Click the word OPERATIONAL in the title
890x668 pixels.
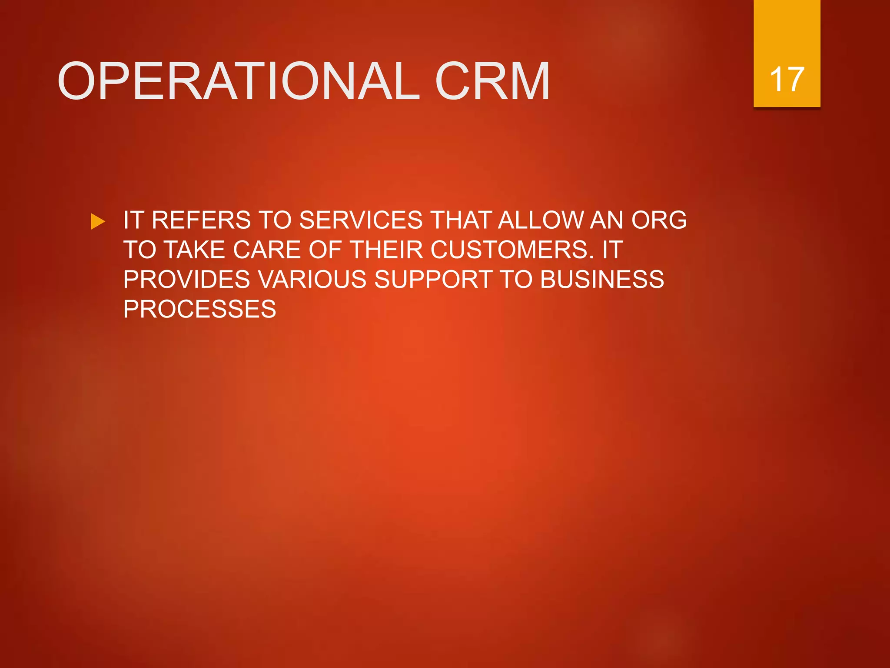click(239, 81)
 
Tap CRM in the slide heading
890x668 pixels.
click(492, 81)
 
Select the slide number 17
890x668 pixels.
click(787, 80)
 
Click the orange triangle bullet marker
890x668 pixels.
click(98, 221)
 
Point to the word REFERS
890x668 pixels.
click(201, 220)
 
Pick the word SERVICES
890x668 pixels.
click(361, 220)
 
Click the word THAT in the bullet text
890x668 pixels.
click(461, 220)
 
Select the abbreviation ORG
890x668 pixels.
click(659, 220)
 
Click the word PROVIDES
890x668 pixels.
click(187, 280)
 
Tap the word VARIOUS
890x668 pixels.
click(312, 280)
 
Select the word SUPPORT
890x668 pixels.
click(433, 280)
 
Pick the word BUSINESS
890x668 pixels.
click(602, 280)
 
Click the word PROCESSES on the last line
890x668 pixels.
click(199, 309)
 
